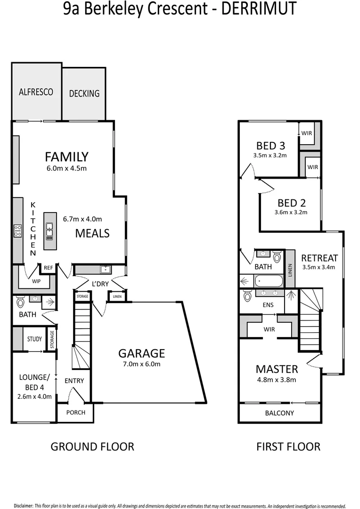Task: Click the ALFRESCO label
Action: pos(36,92)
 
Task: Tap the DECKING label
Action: pos(84,93)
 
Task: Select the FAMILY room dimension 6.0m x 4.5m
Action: pos(66,168)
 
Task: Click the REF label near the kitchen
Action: pos(48,268)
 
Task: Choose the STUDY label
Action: pos(34,339)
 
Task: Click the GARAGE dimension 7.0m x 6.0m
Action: pos(141,364)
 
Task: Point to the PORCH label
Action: pos(76,412)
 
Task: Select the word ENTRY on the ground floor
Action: pos(75,380)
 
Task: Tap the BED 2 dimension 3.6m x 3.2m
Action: pos(292,212)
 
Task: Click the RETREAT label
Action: pos(319,258)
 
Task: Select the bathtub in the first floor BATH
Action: pos(269,281)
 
